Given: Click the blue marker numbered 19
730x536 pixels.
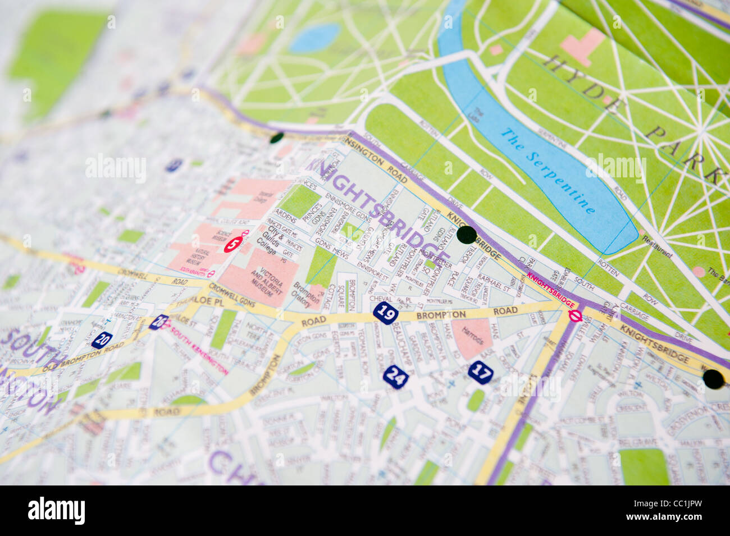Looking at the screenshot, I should [386, 312].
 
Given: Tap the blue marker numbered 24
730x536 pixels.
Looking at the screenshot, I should [396, 377].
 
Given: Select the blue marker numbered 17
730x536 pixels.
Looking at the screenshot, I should [481, 372].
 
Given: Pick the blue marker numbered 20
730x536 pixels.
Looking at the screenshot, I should [102, 340].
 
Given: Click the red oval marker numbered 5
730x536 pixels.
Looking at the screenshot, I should [233, 244].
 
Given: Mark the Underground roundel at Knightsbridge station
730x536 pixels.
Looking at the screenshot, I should [574, 315].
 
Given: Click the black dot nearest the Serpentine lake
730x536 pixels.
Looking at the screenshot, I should [467, 235].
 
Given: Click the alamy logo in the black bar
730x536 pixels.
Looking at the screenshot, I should [56, 511].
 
